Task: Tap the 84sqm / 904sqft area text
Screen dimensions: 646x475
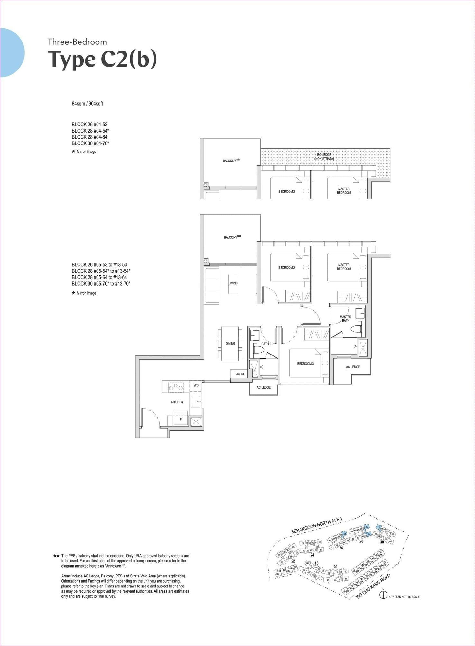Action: pos(87,104)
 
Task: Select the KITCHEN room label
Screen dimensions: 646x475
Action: pos(177,402)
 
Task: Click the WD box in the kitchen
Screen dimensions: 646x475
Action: pos(196,385)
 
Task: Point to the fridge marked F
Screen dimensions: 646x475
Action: pos(180,420)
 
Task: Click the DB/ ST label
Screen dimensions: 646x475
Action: pos(240,374)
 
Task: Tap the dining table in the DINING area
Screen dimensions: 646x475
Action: pos(230,344)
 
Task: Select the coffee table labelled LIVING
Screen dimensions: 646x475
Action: pos(233,283)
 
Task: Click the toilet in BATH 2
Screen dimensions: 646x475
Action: pos(258,349)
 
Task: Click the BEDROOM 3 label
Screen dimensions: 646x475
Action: pos(305,364)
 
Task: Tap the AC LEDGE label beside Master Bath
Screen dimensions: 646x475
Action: pos(353,367)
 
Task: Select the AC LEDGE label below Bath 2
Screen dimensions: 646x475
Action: pos(264,387)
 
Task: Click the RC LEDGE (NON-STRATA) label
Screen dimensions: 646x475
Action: pos(324,157)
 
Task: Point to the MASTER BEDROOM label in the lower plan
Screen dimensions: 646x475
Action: pos(344,267)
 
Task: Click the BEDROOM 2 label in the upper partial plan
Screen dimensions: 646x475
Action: pos(286,191)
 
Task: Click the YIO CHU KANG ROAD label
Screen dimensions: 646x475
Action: pos(373,586)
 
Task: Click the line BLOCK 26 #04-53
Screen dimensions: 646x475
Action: pos(89,125)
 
